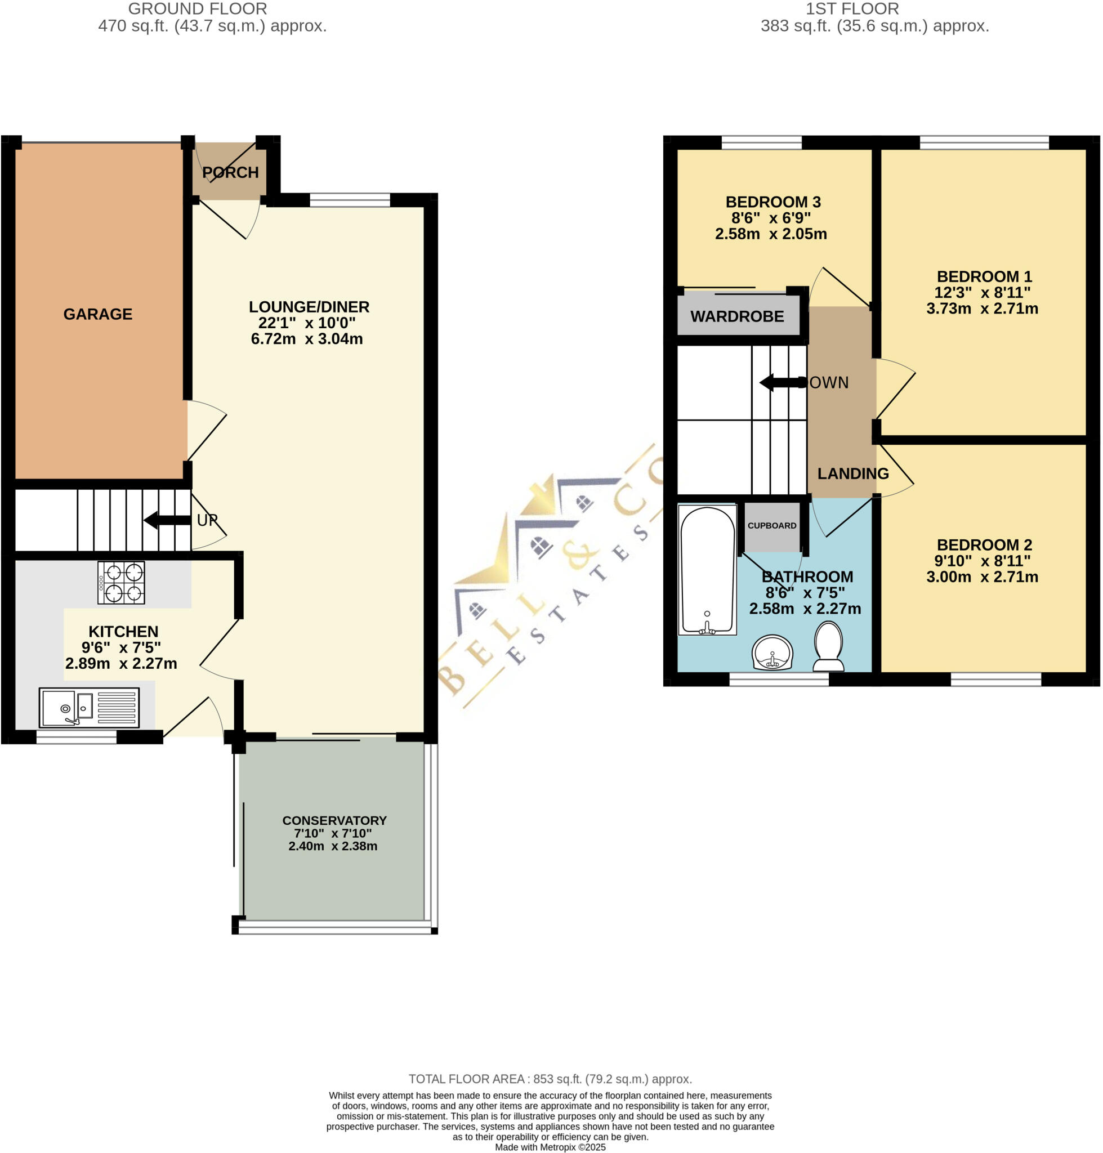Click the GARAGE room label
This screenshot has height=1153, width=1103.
pos(97,314)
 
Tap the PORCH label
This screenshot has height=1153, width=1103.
pos(230,172)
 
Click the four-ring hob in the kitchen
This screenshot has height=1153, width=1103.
pos(121,583)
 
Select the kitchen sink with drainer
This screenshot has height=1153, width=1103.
pos(89,707)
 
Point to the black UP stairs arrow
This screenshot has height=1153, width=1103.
pos(167,520)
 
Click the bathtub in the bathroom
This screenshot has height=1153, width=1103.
pos(707,570)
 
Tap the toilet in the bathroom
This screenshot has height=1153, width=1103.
pos(828,647)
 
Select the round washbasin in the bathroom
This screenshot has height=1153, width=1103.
pos(772,653)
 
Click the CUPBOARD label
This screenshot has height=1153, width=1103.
pos(771,526)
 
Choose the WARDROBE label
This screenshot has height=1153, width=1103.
pos(736,316)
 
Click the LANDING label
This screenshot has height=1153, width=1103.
pos(852,473)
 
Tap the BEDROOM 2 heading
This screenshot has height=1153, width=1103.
pos(984,544)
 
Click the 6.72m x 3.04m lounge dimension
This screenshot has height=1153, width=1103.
pos(306,339)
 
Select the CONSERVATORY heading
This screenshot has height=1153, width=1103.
pos(334,820)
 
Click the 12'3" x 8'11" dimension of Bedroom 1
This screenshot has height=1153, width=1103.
pos(982,292)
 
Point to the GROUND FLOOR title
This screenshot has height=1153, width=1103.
pos(198,9)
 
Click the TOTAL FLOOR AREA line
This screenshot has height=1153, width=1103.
pos(550,1078)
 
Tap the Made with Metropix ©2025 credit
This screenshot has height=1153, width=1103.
pos(550,1147)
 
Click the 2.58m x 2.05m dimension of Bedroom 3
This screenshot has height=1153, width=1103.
pos(770,234)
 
